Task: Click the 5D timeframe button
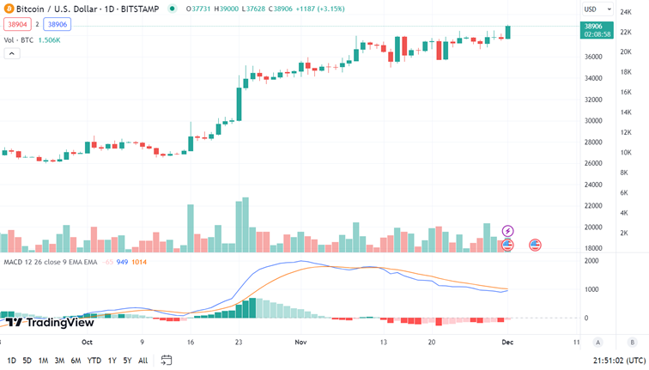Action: pos(27,361)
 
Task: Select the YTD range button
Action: pos(94,361)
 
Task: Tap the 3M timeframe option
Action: pos(59,361)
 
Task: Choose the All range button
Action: pos(143,361)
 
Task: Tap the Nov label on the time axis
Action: pos(301,341)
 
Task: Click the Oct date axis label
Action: pos(87,341)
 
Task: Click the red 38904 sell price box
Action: pos(15,26)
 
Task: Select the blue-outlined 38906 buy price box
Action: pos(57,26)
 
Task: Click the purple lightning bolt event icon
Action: pos(507,231)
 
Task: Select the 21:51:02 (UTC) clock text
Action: pos(618,361)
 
